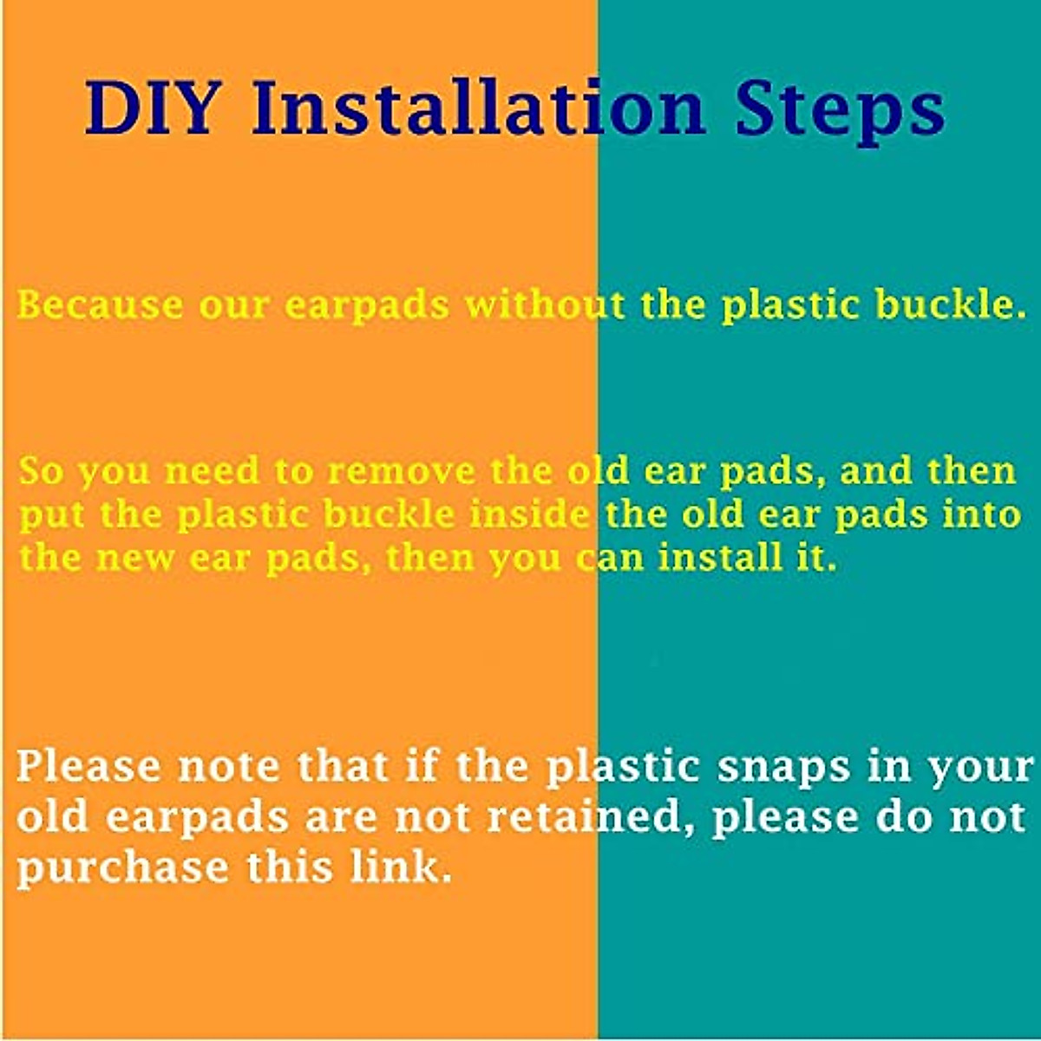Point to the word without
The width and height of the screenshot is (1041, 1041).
[546, 305]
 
